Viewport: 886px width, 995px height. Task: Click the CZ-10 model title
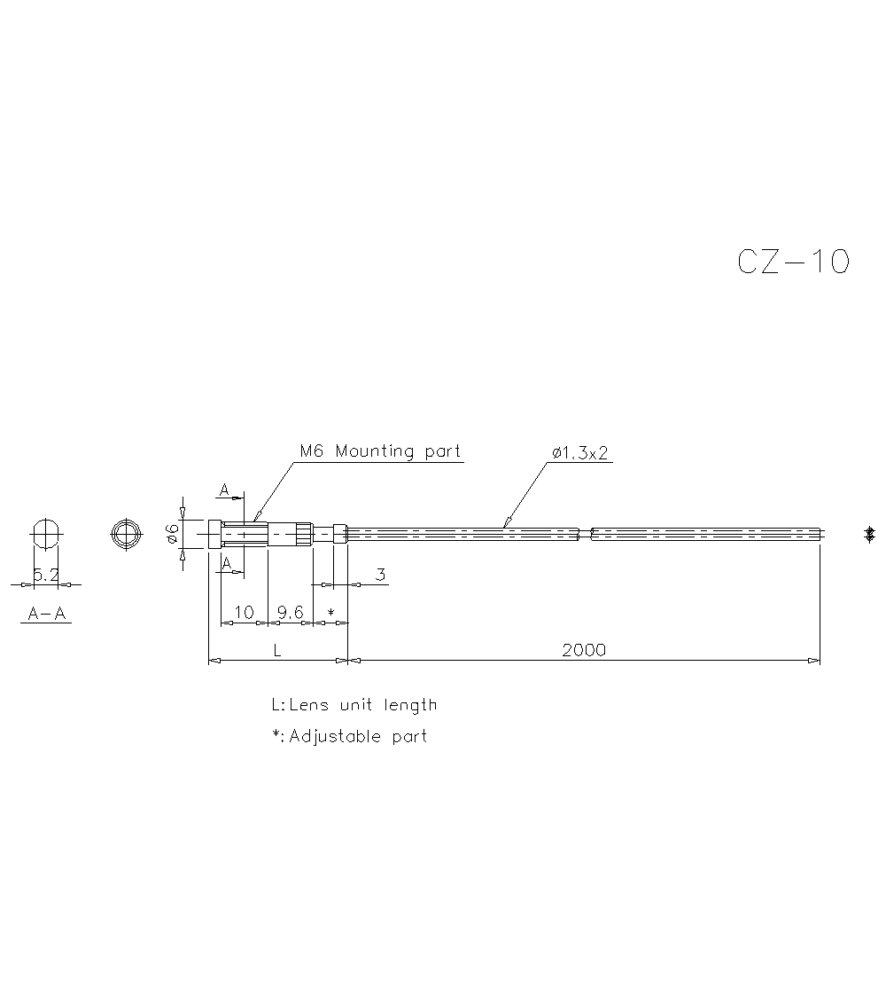(x=793, y=262)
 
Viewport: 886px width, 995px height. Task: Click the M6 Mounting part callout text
(x=380, y=451)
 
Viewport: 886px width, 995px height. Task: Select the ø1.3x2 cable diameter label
(x=580, y=453)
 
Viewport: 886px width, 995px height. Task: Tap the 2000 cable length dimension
(x=584, y=650)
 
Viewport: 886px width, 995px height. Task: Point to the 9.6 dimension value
(x=290, y=612)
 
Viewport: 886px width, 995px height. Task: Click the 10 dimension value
(x=243, y=612)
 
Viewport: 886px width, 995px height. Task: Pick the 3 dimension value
(x=380, y=575)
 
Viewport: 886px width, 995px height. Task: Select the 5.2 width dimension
(x=45, y=576)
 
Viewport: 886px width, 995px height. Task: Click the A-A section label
(x=47, y=613)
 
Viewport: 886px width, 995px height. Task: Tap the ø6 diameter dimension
(x=173, y=533)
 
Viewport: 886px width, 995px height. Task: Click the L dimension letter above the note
(x=276, y=650)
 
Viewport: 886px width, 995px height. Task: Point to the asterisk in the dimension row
(x=330, y=613)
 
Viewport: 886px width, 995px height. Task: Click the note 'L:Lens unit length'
(x=354, y=706)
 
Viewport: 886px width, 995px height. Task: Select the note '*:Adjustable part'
(x=349, y=737)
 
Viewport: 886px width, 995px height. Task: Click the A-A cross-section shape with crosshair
(x=46, y=534)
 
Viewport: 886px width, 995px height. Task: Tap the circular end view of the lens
(x=126, y=534)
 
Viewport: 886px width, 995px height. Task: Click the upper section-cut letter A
(x=225, y=490)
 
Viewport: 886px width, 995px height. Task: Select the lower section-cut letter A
(x=227, y=563)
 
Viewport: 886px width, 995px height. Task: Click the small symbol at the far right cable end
(x=870, y=534)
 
